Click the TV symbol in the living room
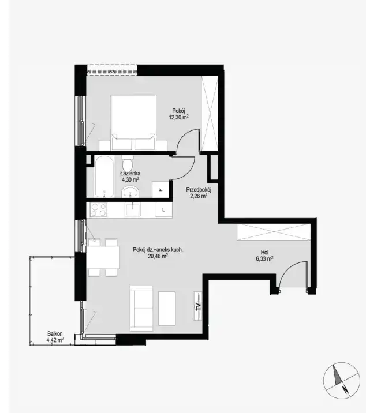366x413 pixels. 198,306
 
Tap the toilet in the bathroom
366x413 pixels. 128,163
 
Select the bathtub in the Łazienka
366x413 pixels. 104,177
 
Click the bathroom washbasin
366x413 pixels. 130,192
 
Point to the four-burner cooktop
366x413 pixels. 98,210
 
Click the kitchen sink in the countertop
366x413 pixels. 133,210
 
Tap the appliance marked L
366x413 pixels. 163,210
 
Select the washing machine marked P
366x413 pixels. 160,189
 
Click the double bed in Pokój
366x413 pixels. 133,122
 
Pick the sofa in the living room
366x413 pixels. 141,309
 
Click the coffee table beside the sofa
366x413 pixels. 167,309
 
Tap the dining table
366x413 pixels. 103,257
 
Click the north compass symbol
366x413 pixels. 342,380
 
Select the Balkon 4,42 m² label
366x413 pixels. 55,337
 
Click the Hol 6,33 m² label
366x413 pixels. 264,256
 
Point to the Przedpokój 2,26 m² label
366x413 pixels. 199,193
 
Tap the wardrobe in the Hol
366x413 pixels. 274,232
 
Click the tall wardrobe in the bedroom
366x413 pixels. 210,114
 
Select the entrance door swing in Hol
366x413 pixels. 293,274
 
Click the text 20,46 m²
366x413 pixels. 158,256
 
